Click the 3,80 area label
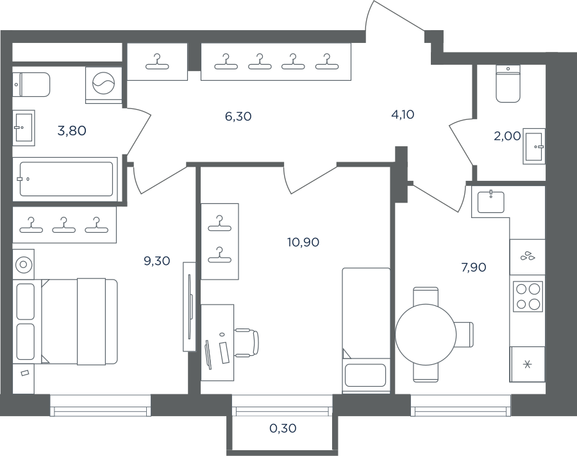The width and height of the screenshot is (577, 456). [x=72, y=131]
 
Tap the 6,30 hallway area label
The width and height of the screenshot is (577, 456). [x=238, y=116]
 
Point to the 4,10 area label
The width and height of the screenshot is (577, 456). [x=403, y=114]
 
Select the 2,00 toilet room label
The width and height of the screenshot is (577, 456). [x=507, y=136]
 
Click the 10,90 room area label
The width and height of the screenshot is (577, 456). [x=303, y=242]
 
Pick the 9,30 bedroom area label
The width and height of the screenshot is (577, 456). [x=157, y=261]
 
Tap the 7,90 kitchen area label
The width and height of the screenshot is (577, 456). [x=474, y=267]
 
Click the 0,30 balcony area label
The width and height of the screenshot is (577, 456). [x=283, y=428]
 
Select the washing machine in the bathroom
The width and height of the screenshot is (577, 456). [x=103, y=85]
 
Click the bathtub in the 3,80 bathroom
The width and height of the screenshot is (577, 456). [x=66, y=179]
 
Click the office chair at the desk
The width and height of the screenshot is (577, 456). [x=246, y=343]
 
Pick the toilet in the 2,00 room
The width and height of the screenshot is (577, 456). [x=508, y=84]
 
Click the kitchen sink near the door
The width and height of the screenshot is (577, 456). [x=491, y=202]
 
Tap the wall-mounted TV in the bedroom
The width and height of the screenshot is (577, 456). [x=190, y=307]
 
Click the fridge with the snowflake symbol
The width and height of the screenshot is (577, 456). [x=528, y=364]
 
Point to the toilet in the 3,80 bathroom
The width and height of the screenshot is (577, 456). [x=31, y=85]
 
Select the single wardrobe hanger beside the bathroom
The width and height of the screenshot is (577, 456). [x=157, y=62]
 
